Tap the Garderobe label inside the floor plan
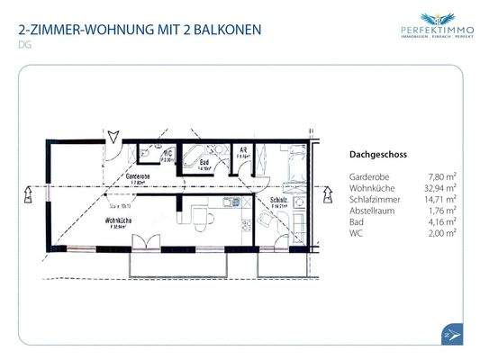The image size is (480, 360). pyautogui.click(x=138, y=176)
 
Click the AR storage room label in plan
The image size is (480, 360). pyautogui.click(x=242, y=151)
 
